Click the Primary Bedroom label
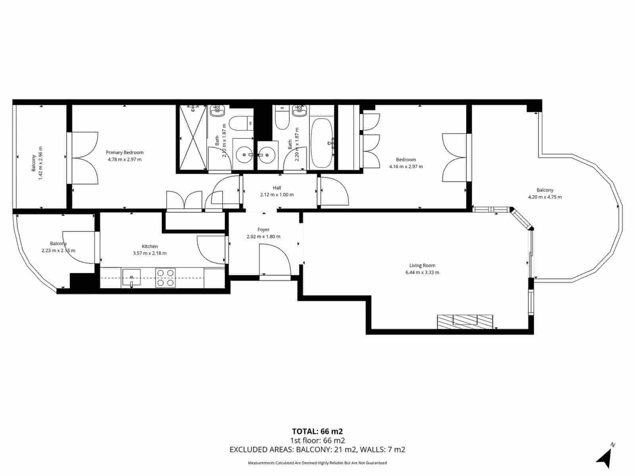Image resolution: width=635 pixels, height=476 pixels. (124, 152)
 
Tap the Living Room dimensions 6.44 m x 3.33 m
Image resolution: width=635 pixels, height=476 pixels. (422, 273)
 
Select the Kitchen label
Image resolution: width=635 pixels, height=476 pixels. (150, 246)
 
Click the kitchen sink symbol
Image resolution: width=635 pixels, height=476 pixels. (131, 277)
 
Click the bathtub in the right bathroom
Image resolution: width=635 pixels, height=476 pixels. (322, 143)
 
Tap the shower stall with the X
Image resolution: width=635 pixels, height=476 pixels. (192, 139)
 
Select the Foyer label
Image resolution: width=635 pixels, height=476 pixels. (263, 230)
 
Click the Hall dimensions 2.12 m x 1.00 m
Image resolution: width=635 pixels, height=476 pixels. (277, 195)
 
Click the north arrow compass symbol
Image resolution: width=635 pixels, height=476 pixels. (605, 458)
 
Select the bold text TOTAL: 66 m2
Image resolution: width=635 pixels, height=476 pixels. (317, 431)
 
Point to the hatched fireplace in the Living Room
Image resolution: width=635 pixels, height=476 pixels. (465, 321)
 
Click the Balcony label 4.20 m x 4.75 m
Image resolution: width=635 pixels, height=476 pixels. (545, 194)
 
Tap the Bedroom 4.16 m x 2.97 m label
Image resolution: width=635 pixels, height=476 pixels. (406, 163)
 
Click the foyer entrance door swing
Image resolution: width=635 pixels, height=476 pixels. (274, 260)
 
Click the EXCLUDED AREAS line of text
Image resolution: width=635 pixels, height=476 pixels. (317, 449)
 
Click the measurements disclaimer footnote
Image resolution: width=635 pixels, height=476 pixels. (317, 463)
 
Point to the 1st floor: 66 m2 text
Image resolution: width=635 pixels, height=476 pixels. (317, 440)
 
